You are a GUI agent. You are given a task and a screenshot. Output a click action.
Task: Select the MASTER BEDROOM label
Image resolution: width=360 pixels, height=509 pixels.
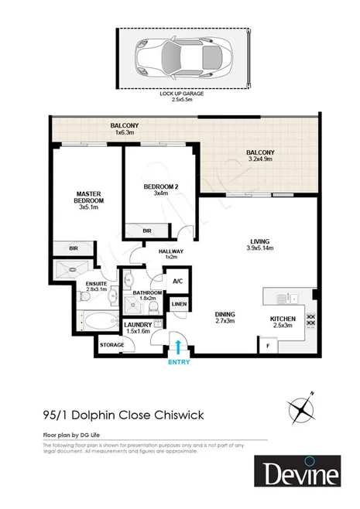(89, 197)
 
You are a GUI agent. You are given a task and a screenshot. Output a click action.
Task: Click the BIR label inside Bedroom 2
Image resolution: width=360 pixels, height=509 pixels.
(147, 231)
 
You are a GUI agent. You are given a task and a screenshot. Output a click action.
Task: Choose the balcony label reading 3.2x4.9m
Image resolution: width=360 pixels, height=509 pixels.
(260, 157)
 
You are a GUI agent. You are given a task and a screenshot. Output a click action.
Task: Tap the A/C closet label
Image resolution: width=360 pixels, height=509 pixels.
(177, 281)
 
